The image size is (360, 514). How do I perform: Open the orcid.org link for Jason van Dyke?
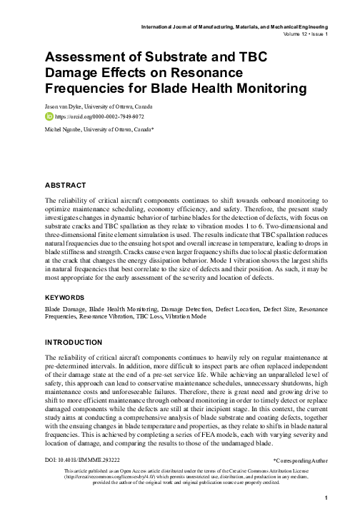pyautogui.click(x=95, y=114)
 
